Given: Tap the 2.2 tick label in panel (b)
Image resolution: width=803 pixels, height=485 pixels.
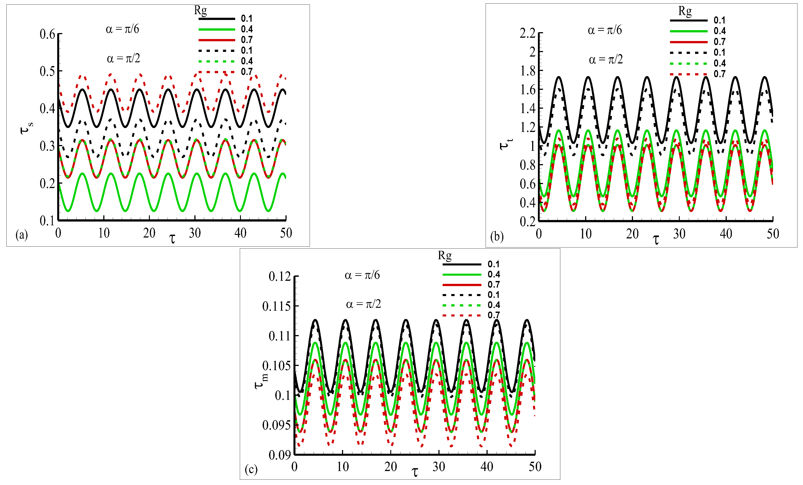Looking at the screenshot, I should [527, 33].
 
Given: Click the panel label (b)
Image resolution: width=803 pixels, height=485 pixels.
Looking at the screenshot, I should [497, 236].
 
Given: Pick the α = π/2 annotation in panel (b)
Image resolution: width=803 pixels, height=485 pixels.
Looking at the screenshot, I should [606, 60].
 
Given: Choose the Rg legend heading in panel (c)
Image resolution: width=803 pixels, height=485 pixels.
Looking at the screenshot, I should [445, 255].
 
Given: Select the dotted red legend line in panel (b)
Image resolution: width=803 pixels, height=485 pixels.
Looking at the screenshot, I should [688, 74].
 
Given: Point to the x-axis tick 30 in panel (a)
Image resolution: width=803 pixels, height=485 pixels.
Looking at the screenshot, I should [195, 233].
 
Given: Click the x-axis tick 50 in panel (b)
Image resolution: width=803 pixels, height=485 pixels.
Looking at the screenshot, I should [772, 234].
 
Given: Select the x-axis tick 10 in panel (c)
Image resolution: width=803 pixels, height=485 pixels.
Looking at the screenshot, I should [342, 467].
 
